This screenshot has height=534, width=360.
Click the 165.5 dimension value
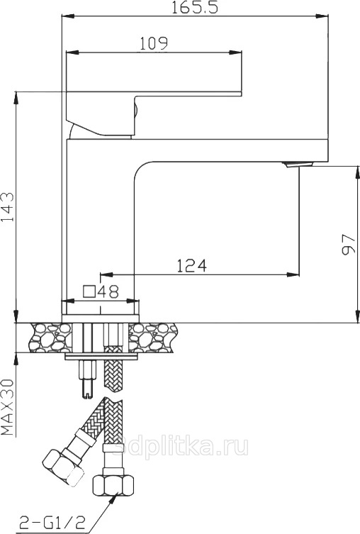[194, 7]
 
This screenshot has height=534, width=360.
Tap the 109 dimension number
[154, 43]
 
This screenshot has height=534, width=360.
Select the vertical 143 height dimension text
[8, 206]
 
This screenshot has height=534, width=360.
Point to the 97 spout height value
[348, 244]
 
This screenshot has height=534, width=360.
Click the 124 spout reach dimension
[191, 266]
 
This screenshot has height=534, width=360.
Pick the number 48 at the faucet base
[108, 291]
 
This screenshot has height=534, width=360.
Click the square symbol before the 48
[90, 292]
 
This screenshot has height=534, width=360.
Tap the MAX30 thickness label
[8, 407]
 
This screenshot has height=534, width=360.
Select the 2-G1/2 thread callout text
[52, 522]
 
